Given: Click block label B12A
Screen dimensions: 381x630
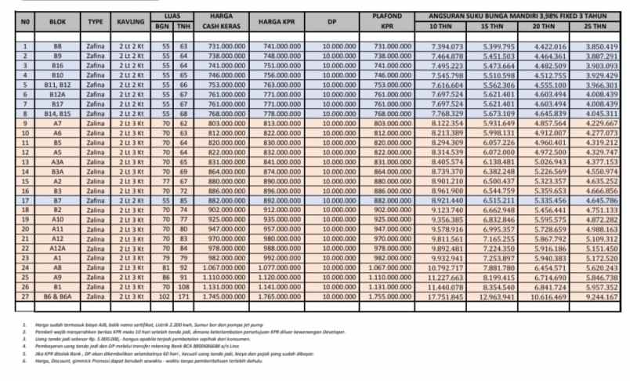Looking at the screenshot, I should (57, 94).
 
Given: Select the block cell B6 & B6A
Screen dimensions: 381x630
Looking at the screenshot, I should (57, 297).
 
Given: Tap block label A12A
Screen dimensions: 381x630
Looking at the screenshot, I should (57, 248).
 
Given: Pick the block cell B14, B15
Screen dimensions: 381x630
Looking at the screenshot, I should (57, 114).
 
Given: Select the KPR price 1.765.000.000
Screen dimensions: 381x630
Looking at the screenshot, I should (276, 297).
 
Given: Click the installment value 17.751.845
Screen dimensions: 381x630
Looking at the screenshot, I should (447, 297).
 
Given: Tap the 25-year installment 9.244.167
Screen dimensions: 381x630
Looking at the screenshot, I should (601, 297).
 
